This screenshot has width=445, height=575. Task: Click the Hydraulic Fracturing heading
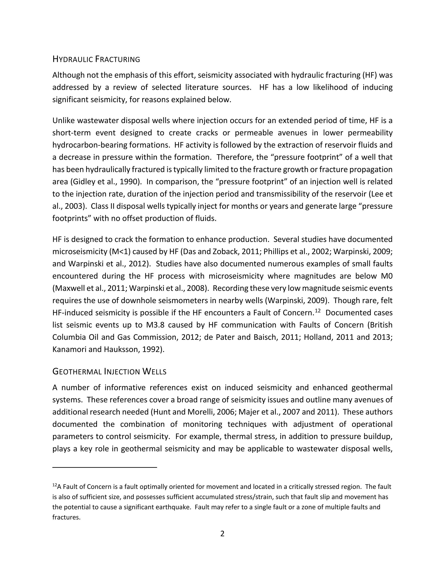point(96,59)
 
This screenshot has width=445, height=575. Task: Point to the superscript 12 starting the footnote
point(55,485)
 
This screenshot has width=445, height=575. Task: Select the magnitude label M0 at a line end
point(387,276)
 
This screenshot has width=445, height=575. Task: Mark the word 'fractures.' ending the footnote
point(66,517)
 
